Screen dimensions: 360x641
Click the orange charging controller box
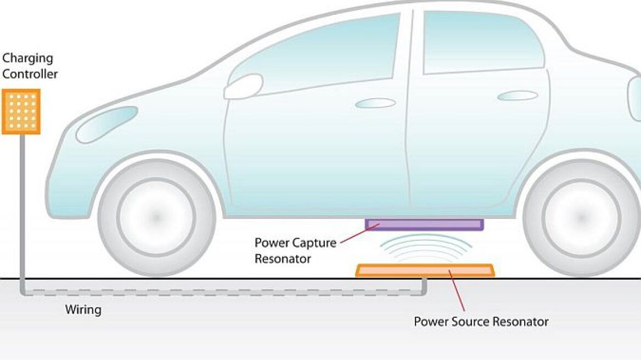pos(21,111)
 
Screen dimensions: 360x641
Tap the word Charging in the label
pos(27,58)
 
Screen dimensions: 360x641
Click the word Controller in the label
pos(30,74)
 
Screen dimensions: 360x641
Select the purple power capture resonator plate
pos(424,224)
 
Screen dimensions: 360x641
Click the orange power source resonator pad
pos(424,270)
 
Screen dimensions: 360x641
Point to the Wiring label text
pos(83,310)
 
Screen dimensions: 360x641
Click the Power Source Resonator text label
pos(481,322)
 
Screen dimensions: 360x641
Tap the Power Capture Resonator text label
pos(295,250)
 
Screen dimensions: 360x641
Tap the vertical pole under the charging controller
pos(23,209)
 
